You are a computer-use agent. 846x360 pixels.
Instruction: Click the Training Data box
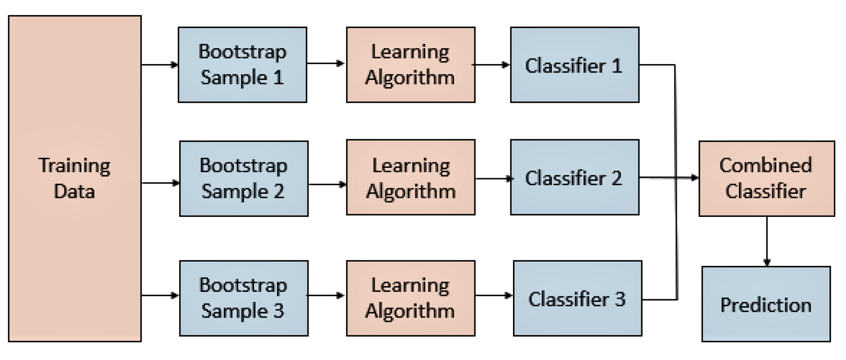pos(75,178)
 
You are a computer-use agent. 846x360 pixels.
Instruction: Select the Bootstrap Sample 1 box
pos(242,65)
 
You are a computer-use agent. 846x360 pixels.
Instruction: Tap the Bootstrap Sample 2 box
pos(244,178)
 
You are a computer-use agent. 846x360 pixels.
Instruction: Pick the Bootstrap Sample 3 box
pos(244,298)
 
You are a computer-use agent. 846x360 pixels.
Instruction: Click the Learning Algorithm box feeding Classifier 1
pos(410,65)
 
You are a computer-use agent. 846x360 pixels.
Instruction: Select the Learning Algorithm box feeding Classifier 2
pos(410,177)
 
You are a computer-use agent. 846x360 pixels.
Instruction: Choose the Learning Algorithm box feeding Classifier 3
pos(410,298)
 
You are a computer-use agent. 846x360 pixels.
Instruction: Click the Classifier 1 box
pos(574,65)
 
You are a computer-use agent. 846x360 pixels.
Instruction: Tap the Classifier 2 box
pos(574,177)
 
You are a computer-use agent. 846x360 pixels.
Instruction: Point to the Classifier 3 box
pos(577,298)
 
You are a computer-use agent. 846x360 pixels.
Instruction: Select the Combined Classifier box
pos(766,178)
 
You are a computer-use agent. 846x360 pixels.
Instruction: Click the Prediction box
pos(766,304)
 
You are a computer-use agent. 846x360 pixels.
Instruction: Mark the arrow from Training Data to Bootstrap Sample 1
pos(160,65)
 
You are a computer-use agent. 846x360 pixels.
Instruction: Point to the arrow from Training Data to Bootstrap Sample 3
pos(160,296)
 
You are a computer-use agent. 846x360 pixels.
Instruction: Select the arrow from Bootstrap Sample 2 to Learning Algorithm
pos(327,184)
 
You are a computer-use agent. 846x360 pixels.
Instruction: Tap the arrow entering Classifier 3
pos(494,296)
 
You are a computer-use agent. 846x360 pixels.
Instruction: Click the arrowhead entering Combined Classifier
pos(695,177)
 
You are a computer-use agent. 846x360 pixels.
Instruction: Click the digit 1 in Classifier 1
pos(617,66)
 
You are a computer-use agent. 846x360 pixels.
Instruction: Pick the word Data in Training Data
pos(74,191)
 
